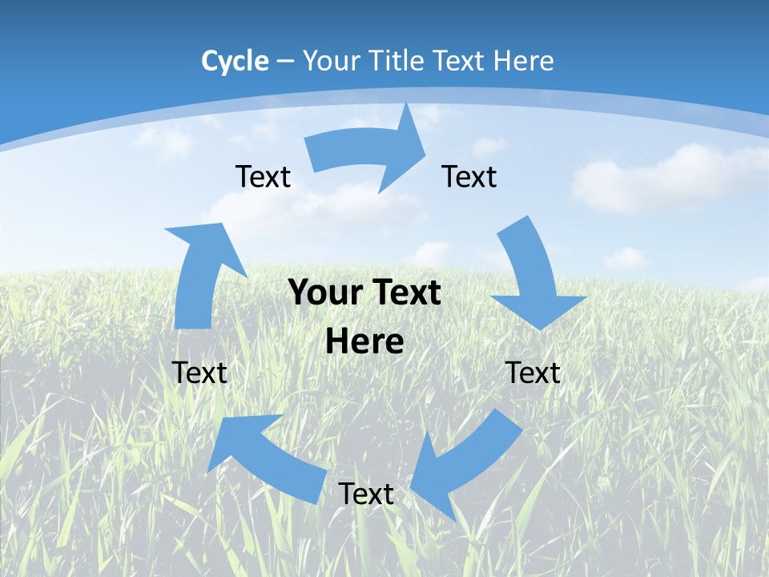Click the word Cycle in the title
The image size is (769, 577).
point(235,61)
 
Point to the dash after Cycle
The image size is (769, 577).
point(285,61)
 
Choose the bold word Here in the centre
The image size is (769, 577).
point(364,342)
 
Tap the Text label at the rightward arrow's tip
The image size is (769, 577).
point(469,176)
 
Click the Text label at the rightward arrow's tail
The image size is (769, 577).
point(263,176)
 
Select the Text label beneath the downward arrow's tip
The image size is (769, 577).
point(533,373)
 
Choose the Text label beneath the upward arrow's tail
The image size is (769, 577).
point(199,373)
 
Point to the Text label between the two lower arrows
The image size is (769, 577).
point(365,494)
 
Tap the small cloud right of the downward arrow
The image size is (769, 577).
point(625,258)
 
